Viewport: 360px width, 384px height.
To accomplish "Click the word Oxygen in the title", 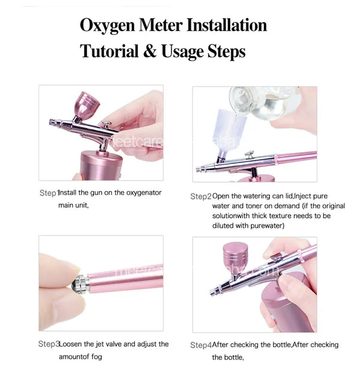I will pos(110,26).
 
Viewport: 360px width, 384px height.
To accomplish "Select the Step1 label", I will pos(48,193).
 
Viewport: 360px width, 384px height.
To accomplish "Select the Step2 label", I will pos(200,196).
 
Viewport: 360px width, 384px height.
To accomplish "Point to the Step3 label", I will pos(48,344).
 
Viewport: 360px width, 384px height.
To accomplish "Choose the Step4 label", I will pos(200,345).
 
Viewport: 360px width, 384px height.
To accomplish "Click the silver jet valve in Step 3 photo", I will pos(77,283).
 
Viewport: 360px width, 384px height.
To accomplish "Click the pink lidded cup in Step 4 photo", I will pos(234,259).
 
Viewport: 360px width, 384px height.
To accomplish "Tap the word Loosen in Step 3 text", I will pos(71,344).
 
